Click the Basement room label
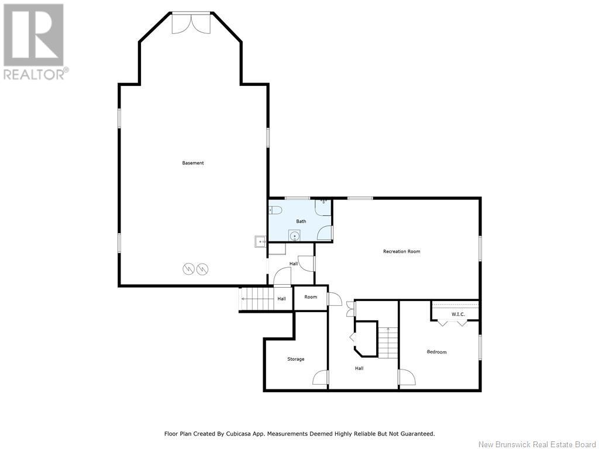point(193,163)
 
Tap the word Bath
point(301,222)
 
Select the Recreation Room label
point(401,251)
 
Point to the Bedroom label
point(436,352)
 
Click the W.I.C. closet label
point(458,314)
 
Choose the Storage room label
point(295,360)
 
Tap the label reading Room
point(311,297)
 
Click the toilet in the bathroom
point(275,210)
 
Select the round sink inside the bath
point(294,236)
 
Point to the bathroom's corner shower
point(323,208)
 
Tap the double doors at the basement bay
point(191,23)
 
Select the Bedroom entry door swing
point(407,377)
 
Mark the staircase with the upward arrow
point(388,343)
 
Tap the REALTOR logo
point(35,42)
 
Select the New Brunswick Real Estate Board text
point(537,444)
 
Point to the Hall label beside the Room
point(281,299)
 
